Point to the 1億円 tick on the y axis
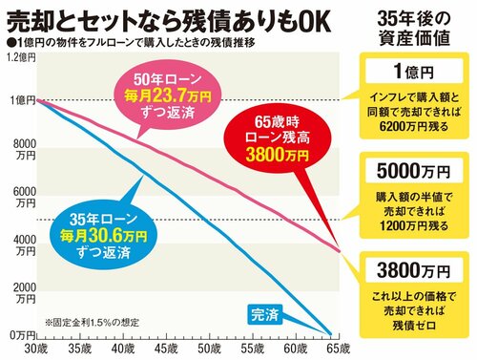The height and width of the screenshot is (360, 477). pos(16,99)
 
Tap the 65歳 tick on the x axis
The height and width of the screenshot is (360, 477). pos(331,348)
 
